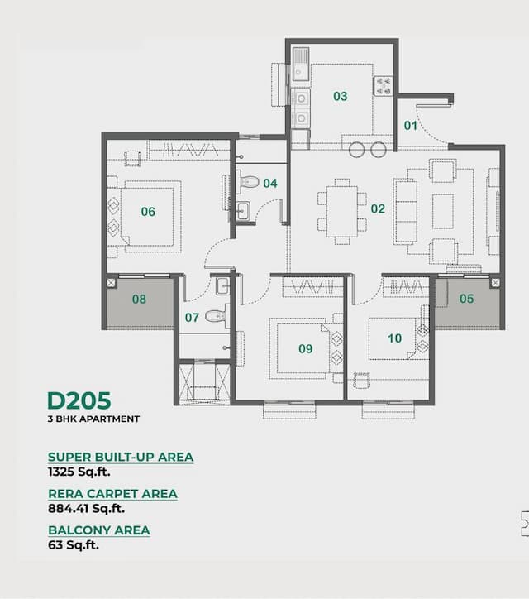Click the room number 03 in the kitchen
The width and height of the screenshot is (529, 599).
(x=341, y=97)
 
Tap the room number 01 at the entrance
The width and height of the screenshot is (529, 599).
(x=411, y=126)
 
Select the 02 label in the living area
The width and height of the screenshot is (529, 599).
(x=378, y=208)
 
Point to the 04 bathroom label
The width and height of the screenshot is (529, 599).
(x=270, y=184)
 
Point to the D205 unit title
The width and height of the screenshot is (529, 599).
(x=79, y=400)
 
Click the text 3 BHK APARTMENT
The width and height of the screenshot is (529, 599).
(x=93, y=419)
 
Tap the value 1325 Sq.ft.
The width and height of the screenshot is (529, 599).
(x=79, y=472)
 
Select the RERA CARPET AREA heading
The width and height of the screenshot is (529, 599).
(x=112, y=494)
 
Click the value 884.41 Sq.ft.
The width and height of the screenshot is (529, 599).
(x=87, y=509)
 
